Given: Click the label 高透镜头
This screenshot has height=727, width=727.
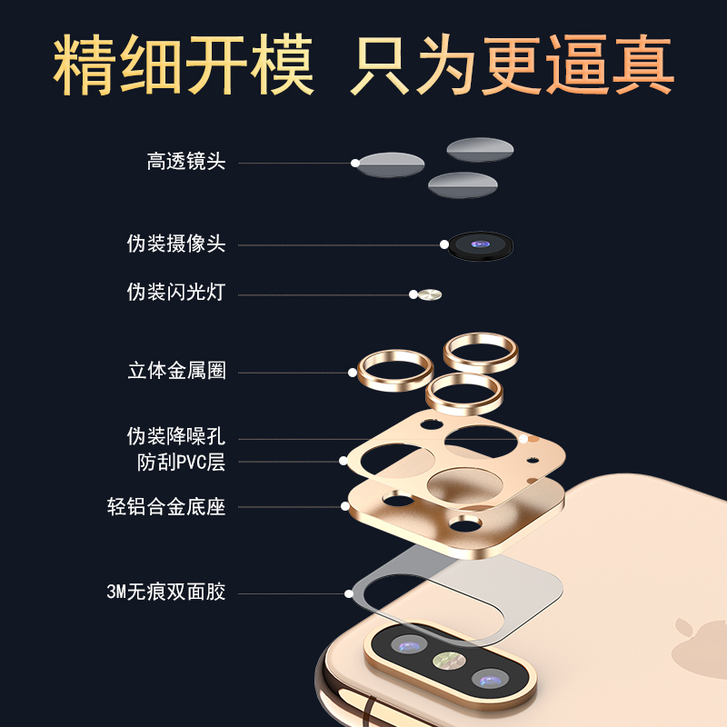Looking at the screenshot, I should [185, 163].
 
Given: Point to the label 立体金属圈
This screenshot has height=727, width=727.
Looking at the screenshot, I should [176, 371].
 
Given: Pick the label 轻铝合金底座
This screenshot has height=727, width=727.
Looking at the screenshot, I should [166, 506].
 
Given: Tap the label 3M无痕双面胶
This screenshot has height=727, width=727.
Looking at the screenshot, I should [165, 593].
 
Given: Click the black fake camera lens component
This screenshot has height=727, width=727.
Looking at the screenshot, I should [481, 245].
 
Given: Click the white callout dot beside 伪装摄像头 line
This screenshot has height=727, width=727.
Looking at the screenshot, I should [444, 244].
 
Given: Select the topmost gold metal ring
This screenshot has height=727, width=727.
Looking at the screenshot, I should [481, 350].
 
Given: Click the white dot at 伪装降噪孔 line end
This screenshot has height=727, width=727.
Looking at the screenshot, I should [523, 439].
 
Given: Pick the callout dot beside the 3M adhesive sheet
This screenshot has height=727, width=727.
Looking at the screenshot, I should [349, 593].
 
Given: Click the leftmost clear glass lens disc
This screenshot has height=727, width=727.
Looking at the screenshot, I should [391, 164].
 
